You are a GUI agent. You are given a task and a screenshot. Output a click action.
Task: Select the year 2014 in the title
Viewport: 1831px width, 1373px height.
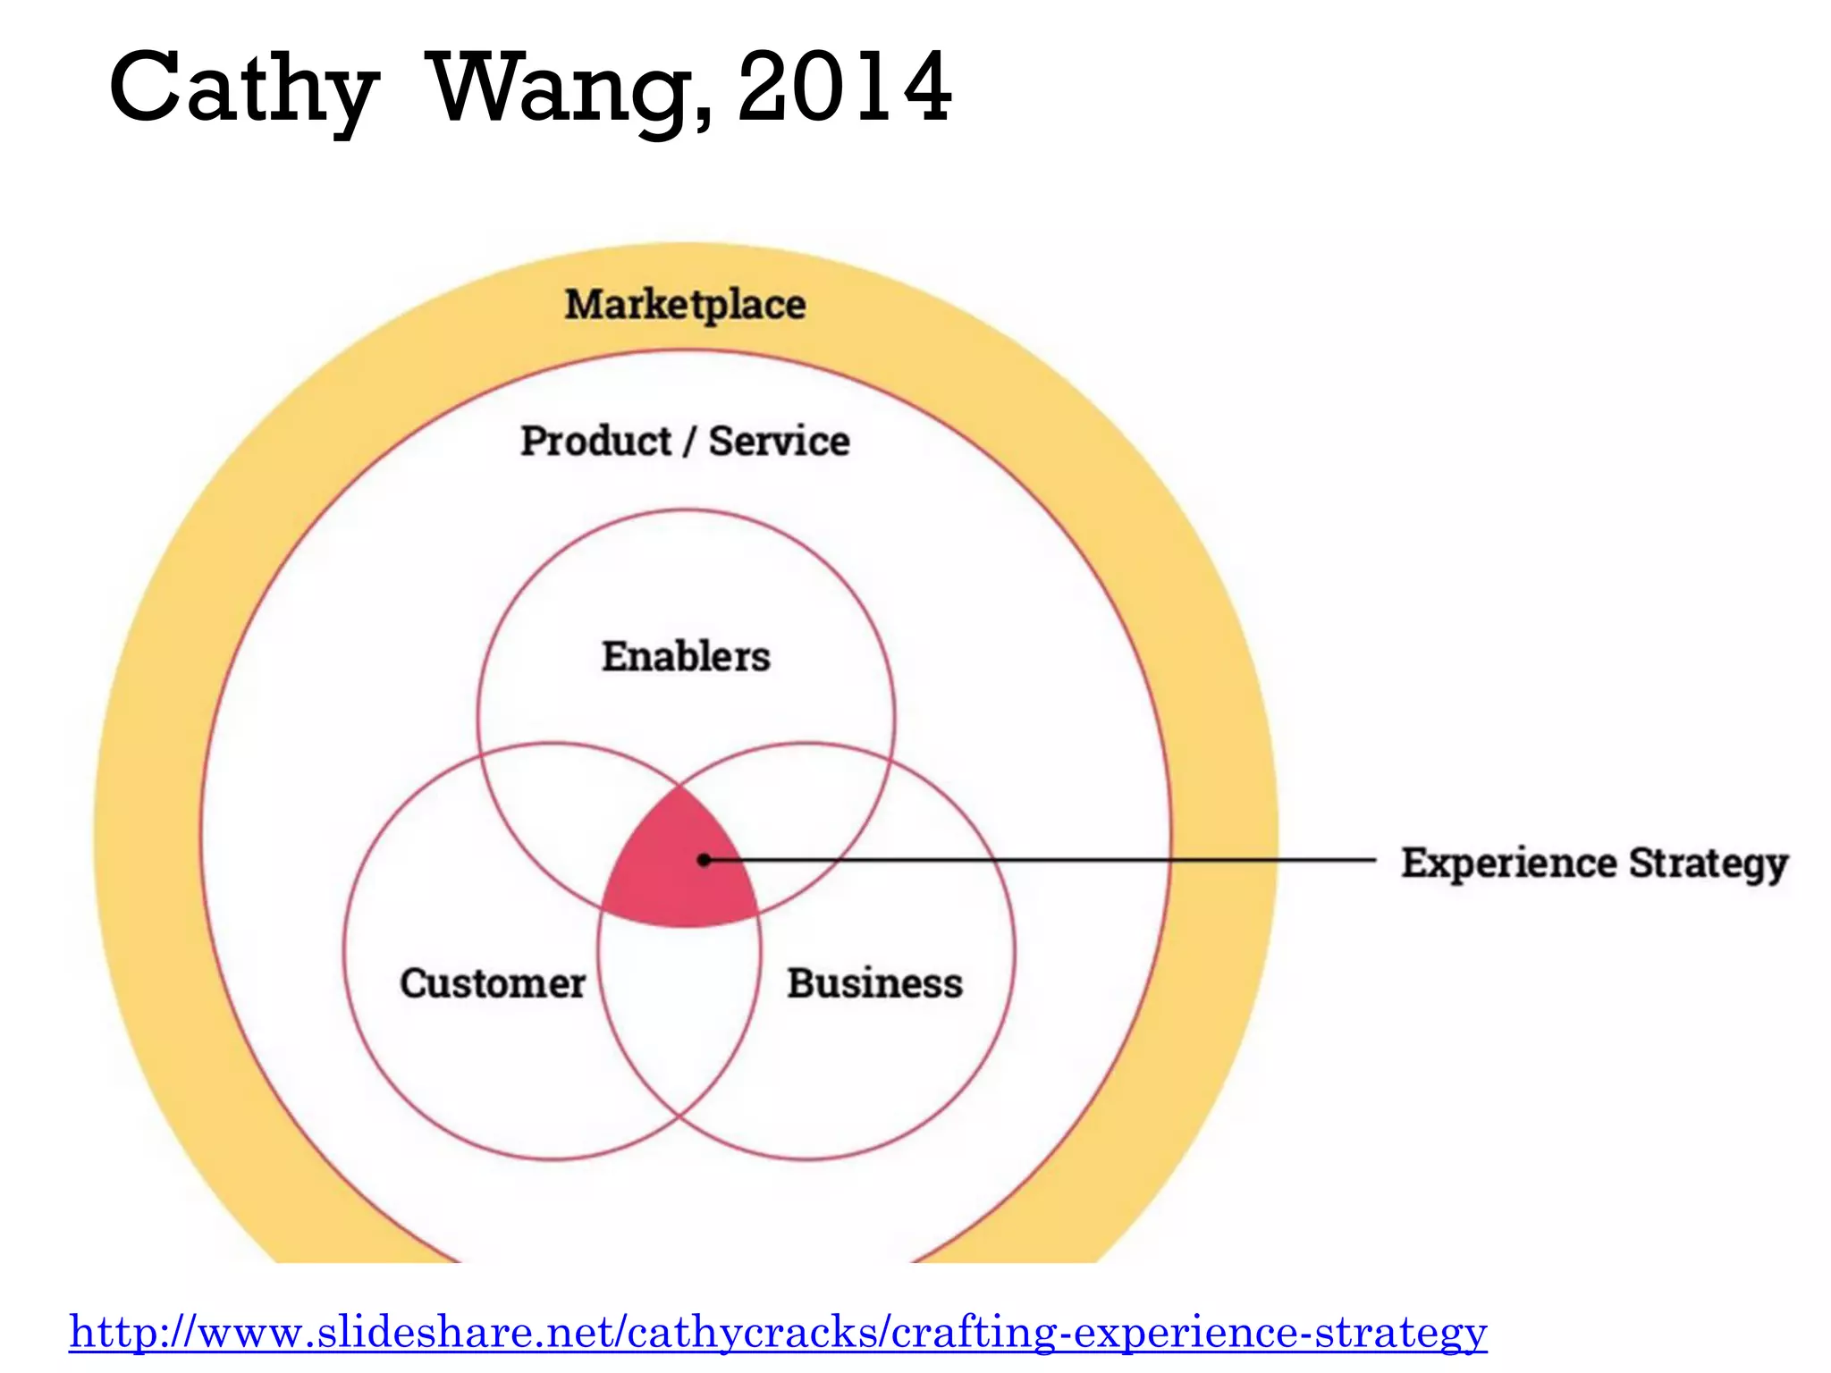pos(844,88)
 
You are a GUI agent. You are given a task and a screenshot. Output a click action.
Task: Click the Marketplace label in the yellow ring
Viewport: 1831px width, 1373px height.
pos(685,305)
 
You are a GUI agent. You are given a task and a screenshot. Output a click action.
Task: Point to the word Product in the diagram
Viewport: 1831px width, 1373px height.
pos(595,442)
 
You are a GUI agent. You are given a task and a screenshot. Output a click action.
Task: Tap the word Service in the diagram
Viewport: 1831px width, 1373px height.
pos(779,442)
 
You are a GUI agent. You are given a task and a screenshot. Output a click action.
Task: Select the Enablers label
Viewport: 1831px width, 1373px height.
pos(686,657)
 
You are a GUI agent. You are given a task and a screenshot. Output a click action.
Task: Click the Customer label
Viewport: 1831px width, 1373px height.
pos(493,983)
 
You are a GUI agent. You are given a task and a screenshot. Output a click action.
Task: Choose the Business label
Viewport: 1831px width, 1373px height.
pos(874,983)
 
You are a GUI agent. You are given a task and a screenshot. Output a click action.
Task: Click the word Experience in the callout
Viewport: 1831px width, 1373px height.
pos(1508,863)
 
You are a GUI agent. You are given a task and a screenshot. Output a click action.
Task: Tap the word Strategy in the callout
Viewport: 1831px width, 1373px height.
pos(1708,863)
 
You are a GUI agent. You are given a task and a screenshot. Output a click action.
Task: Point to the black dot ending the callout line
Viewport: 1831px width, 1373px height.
pos(705,860)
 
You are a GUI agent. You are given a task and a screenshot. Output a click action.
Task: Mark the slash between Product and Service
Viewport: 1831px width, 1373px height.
pos(689,442)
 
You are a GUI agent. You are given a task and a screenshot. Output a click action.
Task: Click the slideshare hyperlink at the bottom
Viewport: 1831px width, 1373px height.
pos(778,1332)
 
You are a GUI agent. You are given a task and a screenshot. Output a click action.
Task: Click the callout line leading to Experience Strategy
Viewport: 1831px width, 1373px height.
pos(1073,861)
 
